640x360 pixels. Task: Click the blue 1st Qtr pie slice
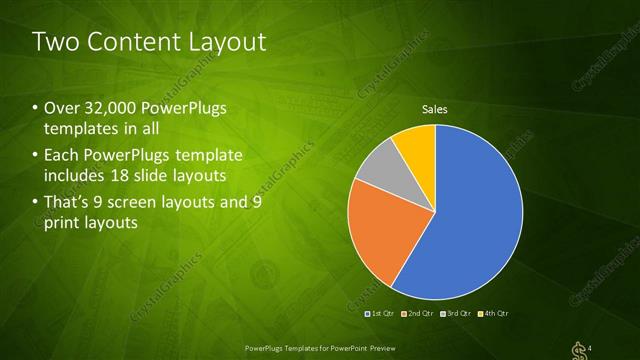(x=470, y=220)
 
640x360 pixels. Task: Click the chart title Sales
(x=434, y=109)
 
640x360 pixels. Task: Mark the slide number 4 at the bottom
(x=590, y=347)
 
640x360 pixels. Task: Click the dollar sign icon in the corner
(x=576, y=347)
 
